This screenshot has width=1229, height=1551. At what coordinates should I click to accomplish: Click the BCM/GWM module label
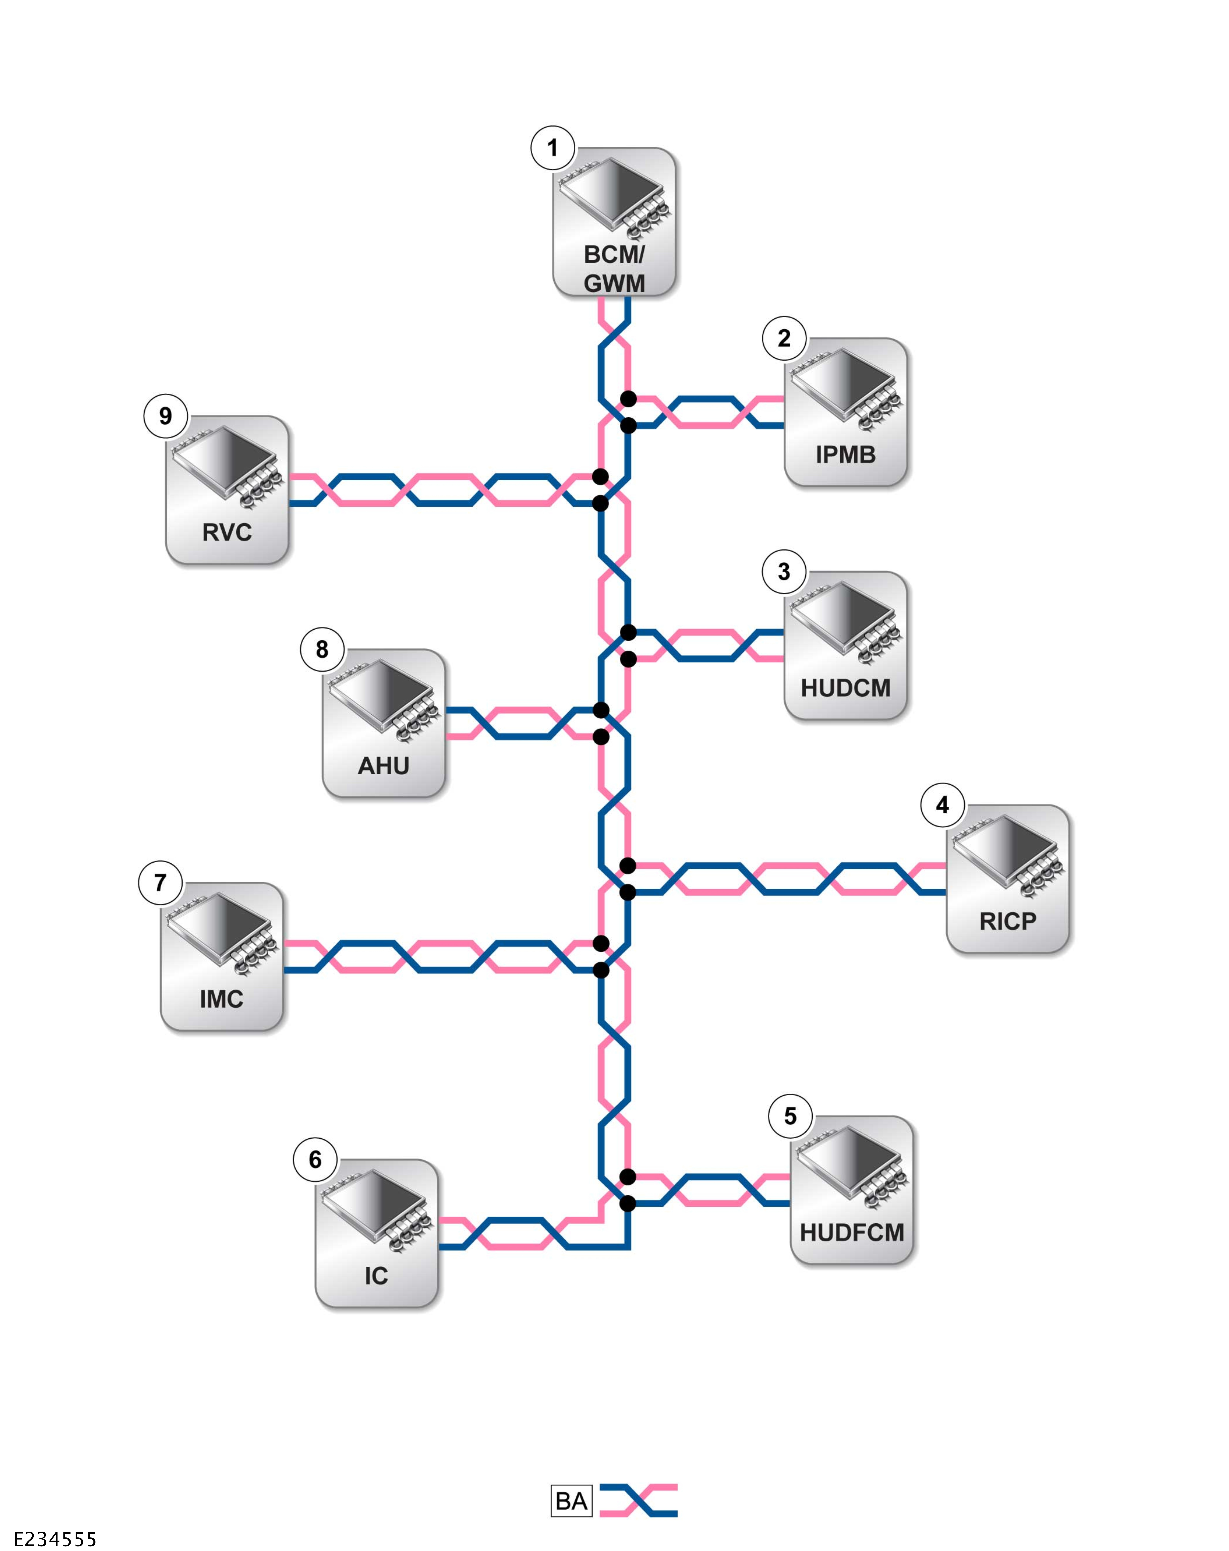(x=613, y=268)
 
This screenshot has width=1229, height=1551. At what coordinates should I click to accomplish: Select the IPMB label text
(x=845, y=455)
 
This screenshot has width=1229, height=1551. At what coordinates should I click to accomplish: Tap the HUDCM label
(x=845, y=688)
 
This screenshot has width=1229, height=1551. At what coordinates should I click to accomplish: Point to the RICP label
(x=1007, y=921)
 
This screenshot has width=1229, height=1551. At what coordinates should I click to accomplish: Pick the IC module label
(x=376, y=1276)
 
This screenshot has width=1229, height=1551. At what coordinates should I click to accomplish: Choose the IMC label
(x=221, y=998)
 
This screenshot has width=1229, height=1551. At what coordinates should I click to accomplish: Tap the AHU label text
(x=383, y=765)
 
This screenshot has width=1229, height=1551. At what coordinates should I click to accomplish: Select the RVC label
(x=227, y=532)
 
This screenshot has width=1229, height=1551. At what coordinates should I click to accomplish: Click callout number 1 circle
(x=552, y=148)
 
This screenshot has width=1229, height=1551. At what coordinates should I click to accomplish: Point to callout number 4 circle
(x=942, y=805)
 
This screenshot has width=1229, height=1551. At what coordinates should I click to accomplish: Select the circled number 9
(x=165, y=416)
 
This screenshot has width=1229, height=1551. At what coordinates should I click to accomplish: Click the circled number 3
(x=784, y=572)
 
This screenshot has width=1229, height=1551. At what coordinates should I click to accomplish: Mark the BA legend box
(x=571, y=1501)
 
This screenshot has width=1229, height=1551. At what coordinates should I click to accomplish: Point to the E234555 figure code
(x=55, y=1539)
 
